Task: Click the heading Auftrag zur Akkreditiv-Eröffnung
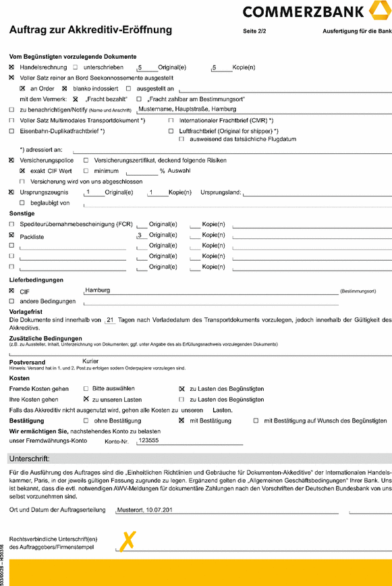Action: coord(90,30)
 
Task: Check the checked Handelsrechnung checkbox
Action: coord(11,68)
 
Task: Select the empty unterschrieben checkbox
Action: coord(76,68)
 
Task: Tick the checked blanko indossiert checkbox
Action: coord(65,88)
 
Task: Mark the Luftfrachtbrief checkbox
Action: coord(171,130)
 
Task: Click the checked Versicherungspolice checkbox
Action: coord(11,161)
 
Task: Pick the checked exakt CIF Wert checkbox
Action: coord(22,171)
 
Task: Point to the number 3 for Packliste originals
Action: coord(138,234)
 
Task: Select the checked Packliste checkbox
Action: coord(11,234)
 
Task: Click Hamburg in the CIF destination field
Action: coord(97,290)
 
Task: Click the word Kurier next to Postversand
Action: coord(90,361)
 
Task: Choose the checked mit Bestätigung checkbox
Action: coord(181,421)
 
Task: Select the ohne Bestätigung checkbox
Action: coord(86,421)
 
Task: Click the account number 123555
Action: coord(148,440)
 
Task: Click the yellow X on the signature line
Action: coord(128,540)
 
